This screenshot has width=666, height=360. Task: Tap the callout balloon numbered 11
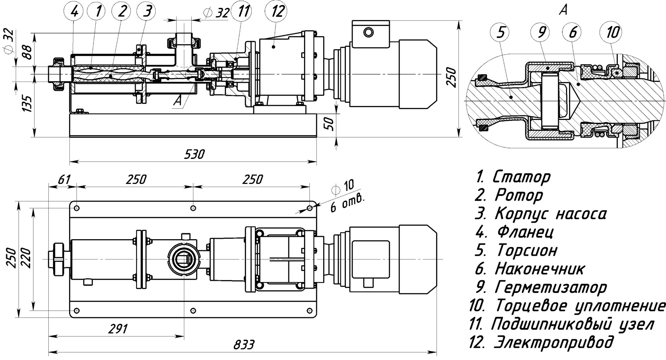point(243,12)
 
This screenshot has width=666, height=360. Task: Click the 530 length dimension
point(195,154)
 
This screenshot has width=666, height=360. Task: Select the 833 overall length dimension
point(244,345)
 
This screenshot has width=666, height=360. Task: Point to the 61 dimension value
point(64,180)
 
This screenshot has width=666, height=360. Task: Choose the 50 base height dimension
point(330,124)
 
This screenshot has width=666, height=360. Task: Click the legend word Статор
point(521,177)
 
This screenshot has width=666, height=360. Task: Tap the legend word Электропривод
point(553,342)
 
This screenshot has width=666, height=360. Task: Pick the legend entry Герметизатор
point(551,287)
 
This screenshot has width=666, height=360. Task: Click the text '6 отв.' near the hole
point(347,203)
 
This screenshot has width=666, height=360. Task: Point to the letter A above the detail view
point(563,10)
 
